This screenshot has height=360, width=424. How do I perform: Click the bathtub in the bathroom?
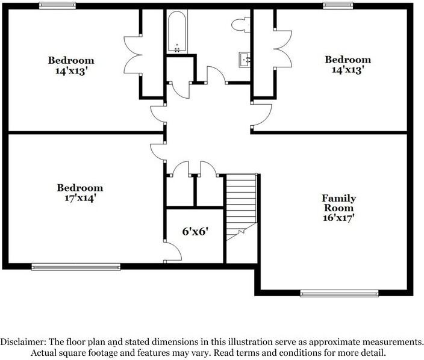[x=177, y=32]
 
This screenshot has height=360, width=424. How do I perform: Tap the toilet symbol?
[x=241, y=25]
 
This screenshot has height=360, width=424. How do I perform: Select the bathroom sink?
[x=245, y=60]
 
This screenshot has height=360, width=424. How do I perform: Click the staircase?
[x=242, y=207]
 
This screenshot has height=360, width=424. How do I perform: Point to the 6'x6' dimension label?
[x=195, y=231]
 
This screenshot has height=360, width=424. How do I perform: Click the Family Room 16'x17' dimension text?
[x=338, y=217]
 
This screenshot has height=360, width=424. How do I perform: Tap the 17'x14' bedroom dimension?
[x=79, y=198]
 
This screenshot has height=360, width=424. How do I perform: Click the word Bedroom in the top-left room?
[x=71, y=60]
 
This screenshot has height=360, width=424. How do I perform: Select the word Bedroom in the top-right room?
[x=348, y=60]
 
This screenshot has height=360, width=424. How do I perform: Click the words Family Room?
[x=339, y=203]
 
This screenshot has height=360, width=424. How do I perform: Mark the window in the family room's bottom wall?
[x=339, y=293]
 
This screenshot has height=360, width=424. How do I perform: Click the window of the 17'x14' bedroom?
[x=76, y=267]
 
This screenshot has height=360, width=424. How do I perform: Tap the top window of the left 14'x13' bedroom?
[x=57, y=5]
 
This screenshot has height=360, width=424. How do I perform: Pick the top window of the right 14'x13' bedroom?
[x=338, y=5]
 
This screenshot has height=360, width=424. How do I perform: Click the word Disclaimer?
[x=23, y=342]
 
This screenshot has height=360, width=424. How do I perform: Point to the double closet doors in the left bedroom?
[x=132, y=55]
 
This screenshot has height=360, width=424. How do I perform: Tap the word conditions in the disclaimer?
[x=300, y=353]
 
